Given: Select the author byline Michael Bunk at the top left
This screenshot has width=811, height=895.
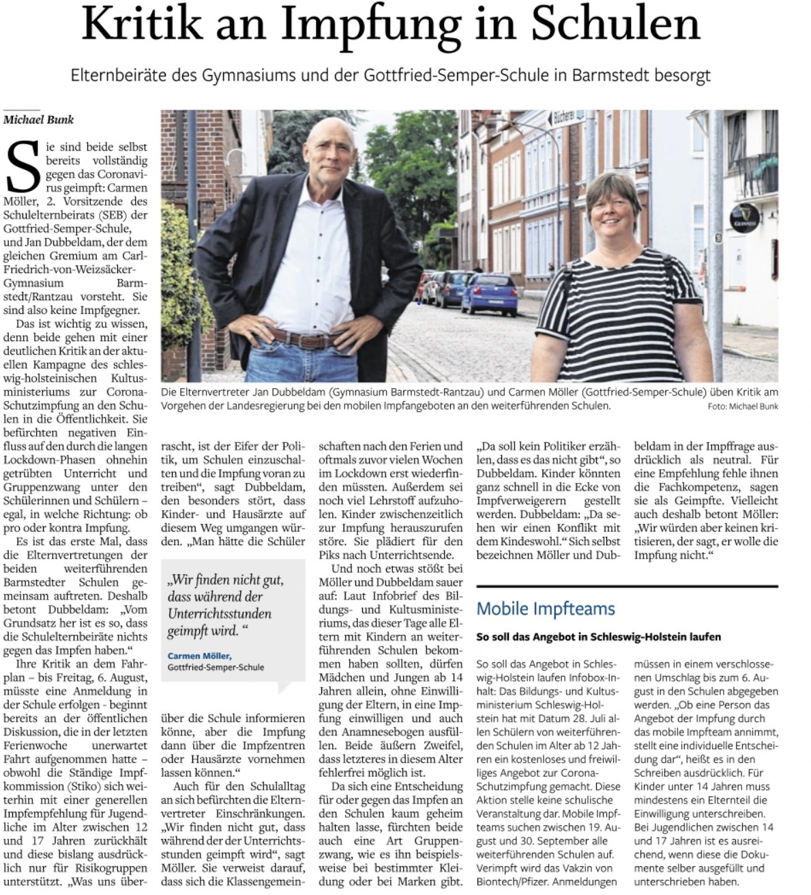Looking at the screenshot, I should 39,119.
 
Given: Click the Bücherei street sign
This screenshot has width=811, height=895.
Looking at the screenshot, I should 569,117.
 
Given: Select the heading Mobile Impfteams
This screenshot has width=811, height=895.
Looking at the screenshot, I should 545,608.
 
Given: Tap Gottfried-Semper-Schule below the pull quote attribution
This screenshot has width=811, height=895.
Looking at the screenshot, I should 216,667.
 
